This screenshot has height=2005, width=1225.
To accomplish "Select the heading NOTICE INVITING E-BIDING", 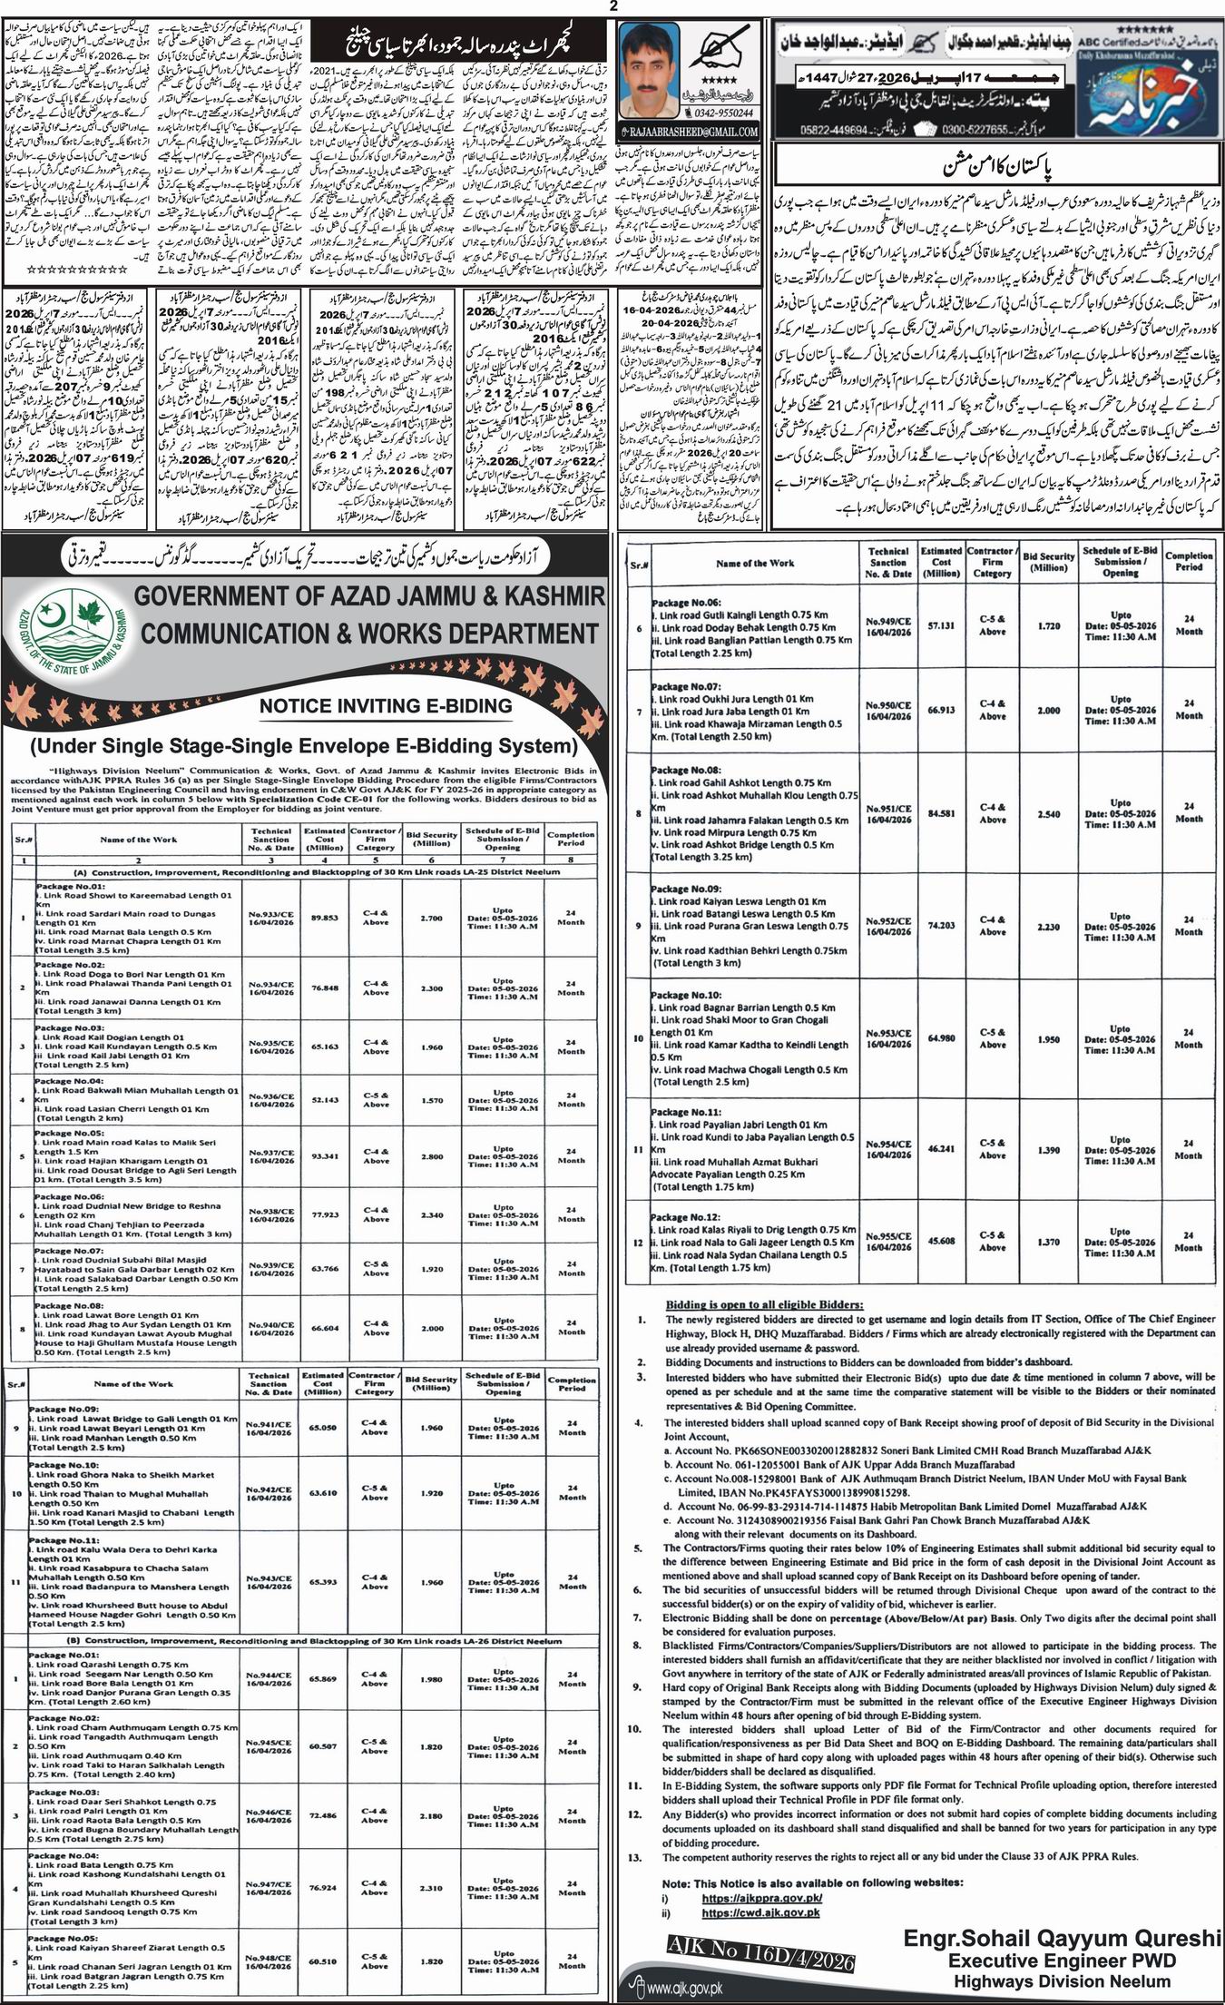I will coord(386,705).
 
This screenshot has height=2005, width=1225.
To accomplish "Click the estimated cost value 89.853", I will coord(324,918).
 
